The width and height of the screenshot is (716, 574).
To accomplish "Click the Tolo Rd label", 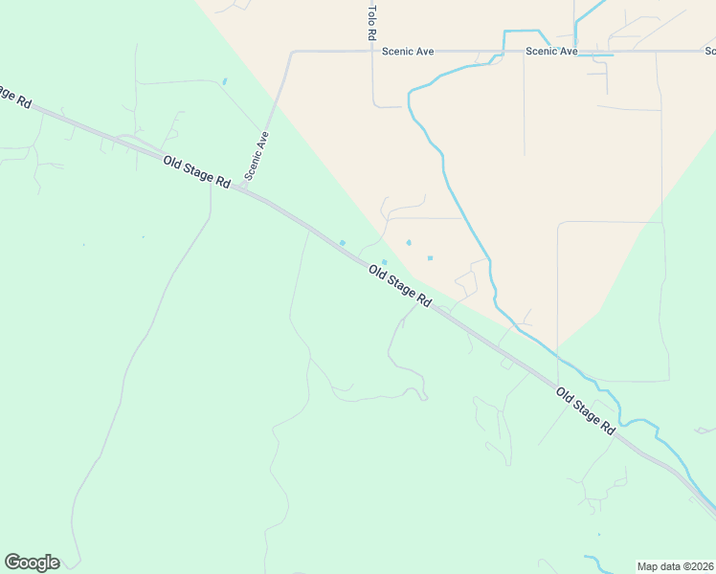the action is point(371,21).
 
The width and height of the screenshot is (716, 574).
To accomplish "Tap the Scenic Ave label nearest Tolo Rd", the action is point(408,52).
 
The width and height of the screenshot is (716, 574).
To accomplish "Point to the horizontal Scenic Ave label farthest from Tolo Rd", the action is point(551,52).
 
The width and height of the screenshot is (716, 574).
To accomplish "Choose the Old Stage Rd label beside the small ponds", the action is point(400,287).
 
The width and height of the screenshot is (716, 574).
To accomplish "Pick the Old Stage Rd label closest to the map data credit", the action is point(585,411).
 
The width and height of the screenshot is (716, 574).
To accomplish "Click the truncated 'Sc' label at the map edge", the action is point(709,52).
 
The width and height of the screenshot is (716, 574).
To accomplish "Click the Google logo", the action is point(32,563).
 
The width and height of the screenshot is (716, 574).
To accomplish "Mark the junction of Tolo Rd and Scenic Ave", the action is point(372,52).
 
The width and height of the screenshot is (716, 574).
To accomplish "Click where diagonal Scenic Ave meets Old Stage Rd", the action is point(243,188).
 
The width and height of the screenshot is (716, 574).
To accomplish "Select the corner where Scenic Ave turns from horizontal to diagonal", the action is point(291,53).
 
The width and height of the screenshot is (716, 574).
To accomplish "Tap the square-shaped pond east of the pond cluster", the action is point(430,257).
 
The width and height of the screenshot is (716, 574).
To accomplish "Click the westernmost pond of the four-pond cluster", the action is point(342,242).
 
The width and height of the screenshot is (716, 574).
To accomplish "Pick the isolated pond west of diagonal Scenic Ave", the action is point(225,81).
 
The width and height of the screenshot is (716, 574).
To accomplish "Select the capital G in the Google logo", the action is point(12,563).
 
